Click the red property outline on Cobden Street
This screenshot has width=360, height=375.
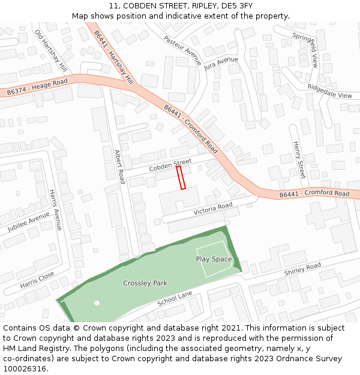(x=181, y=178)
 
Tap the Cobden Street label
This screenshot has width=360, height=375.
(x=170, y=165)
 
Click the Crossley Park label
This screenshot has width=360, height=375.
(x=145, y=283)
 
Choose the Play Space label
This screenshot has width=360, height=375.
(x=214, y=259)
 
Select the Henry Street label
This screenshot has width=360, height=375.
(x=299, y=160)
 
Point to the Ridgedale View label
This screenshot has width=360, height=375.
(x=329, y=91)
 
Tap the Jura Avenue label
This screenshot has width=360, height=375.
(x=221, y=64)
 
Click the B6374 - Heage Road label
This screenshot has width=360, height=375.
(x=37, y=88)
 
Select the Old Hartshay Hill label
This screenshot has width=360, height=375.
(x=50, y=49)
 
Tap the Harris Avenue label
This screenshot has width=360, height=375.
(x=55, y=210)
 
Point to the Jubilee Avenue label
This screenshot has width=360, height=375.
(x=28, y=223)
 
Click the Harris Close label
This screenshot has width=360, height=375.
(x=37, y=279)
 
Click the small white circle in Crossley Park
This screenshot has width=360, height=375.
(x=97, y=302)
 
